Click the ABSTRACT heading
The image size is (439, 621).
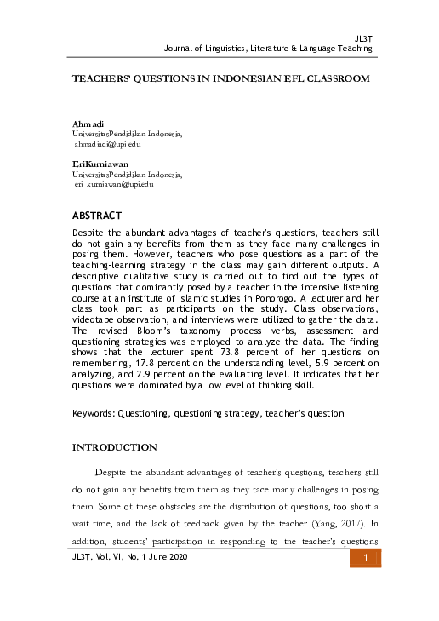pos(97,215)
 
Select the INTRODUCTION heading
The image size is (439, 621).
pos(115,447)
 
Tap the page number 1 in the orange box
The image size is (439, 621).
pos(364,558)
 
